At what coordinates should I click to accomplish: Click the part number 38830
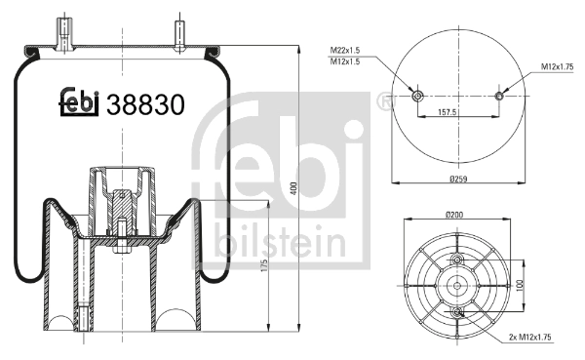click(x=145, y=103)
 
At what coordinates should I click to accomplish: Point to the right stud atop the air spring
click(x=182, y=32)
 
